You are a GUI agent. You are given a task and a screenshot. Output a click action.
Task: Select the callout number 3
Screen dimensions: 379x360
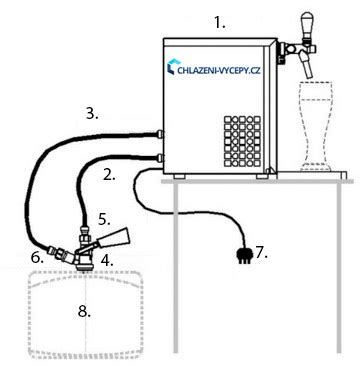92,114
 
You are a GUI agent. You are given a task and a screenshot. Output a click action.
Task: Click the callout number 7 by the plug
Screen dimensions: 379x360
261,252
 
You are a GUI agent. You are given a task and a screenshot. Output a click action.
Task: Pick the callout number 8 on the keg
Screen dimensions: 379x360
84,311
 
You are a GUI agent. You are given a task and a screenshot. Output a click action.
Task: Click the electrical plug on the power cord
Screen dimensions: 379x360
241,250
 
